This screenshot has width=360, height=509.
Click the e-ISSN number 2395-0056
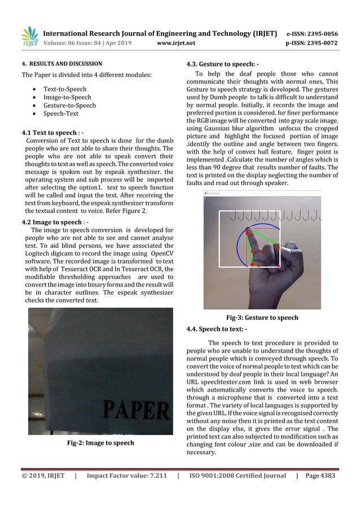click(x=328, y=33)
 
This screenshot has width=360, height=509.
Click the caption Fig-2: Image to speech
click(x=100, y=443)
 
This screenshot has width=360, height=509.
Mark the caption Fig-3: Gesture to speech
click(x=262, y=318)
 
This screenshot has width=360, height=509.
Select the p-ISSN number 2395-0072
click(x=328, y=42)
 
